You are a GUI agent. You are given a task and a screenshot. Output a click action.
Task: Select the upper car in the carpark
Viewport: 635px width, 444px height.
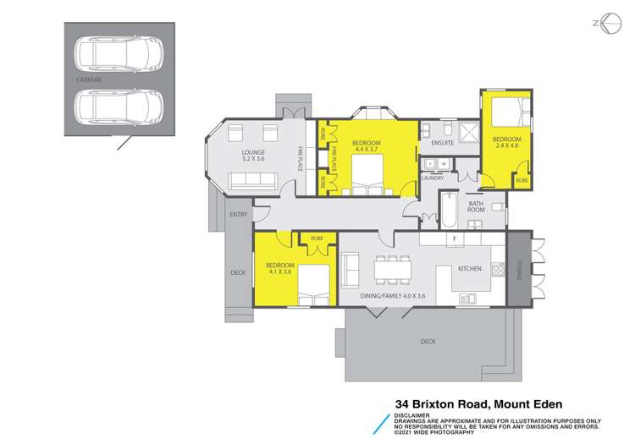[119, 55]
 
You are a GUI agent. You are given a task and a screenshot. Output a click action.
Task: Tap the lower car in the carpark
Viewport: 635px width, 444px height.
[119, 106]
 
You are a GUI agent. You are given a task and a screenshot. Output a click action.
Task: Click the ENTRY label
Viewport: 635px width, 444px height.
[239, 215]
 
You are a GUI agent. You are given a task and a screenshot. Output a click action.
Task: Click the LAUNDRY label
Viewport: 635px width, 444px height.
[433, 178]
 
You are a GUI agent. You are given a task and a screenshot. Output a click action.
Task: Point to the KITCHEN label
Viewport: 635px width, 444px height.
[470, 268]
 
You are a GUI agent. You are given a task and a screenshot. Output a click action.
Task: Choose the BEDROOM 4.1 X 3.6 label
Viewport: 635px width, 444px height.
[279, 268]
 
